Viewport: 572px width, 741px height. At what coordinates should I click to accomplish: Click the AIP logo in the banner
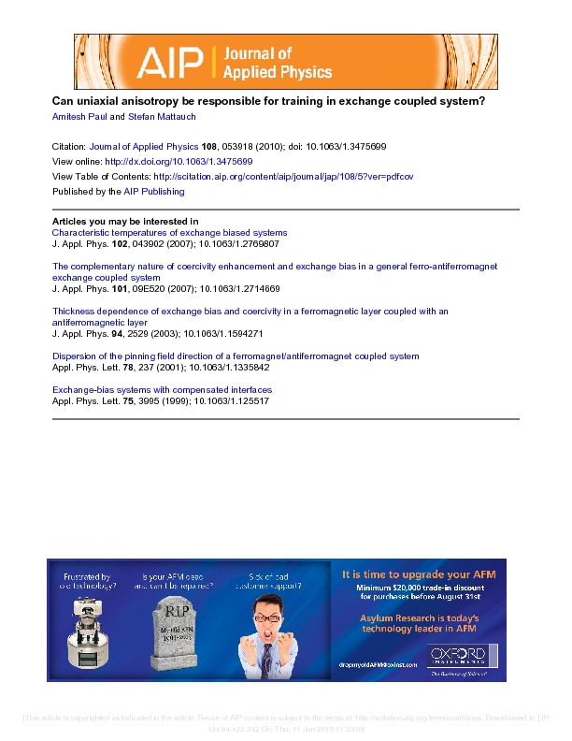click(172, 62)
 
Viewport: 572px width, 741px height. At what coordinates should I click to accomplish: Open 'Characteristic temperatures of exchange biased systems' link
click(169, 232)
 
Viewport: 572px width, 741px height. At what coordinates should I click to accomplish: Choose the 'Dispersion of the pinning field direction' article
click(236, 356)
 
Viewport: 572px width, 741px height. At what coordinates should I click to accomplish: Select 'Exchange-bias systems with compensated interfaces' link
click(162, 389)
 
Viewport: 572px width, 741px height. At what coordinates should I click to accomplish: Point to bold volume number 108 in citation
click(208, 147)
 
